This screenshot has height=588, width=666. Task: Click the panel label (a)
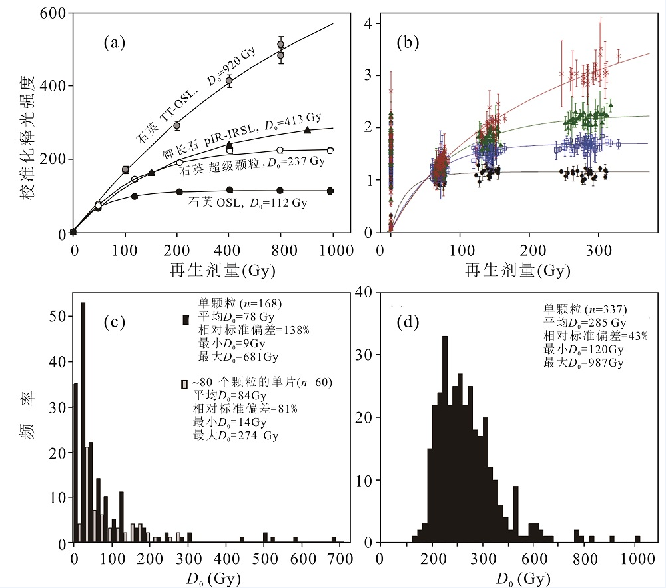[115, 45]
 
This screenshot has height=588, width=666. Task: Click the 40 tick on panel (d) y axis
[366, 290]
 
